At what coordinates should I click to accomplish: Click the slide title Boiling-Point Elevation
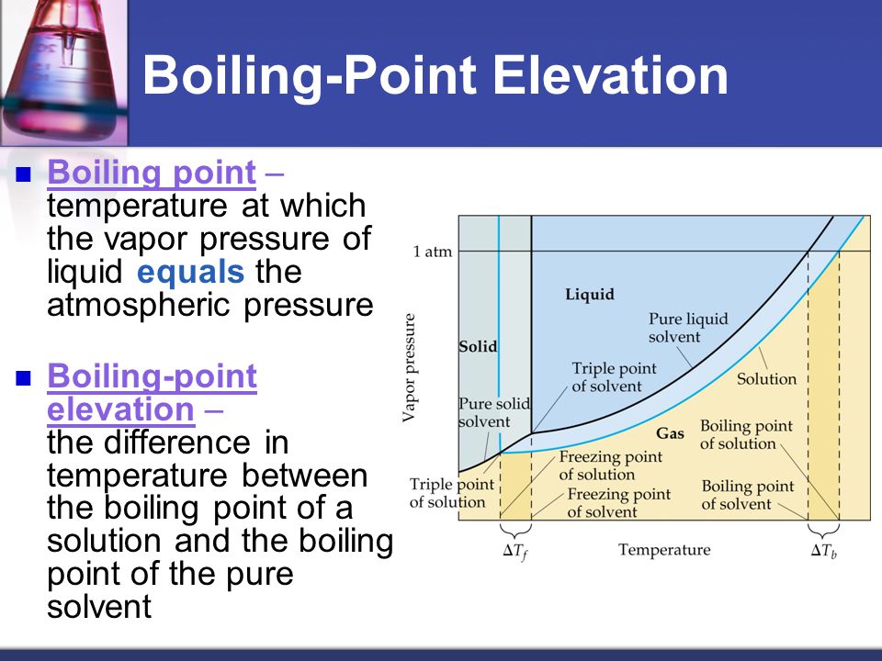point(435,75)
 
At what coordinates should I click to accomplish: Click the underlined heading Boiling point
point(152,173)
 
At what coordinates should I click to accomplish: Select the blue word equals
point(191,272)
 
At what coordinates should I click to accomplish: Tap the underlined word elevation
point(121,409)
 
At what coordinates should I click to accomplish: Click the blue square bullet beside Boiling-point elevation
point(23,378)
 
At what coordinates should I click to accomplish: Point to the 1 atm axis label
point(433,252)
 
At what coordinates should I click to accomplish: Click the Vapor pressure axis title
point(409,368)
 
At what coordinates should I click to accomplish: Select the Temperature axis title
point(664,549)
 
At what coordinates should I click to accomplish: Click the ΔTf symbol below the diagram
point(515,552)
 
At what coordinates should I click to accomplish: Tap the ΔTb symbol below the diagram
point(823,551)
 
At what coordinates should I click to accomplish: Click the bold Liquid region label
point(590,294)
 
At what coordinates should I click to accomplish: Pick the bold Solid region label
point(478,346)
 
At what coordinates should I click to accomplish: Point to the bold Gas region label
point(670,433)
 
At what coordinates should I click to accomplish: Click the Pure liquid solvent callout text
point(688,328)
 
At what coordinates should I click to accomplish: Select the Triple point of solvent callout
point(615,377)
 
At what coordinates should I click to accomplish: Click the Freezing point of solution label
point(610,465)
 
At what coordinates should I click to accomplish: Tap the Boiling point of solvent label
point(747,495)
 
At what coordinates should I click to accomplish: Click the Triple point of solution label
point(452,493)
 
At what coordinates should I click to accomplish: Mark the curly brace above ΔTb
point(823,530)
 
